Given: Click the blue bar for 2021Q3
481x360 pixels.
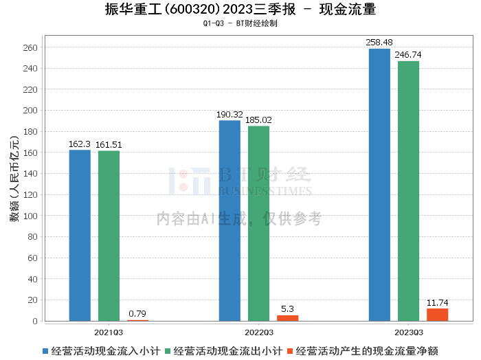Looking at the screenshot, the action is tap(80, 236).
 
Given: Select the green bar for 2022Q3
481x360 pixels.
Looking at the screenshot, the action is tap(258, 223).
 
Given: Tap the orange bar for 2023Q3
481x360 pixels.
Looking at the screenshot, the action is tap(438, 315).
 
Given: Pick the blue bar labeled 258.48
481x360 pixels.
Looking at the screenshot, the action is tap(379, 185).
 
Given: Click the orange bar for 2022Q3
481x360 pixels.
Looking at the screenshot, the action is tap(288, 318).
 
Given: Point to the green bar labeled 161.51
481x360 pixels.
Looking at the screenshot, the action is tap(109, 236).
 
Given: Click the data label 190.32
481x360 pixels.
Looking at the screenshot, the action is tap(230, 115).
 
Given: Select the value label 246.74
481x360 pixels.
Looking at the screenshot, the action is tap(408, 55).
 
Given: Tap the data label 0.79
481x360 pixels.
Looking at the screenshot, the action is tap(137, 314).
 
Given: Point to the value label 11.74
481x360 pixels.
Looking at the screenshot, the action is tap(438, 303).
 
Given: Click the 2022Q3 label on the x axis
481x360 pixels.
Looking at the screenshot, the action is tap(259, 333).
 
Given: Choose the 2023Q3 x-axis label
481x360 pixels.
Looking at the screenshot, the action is tap(409, 333).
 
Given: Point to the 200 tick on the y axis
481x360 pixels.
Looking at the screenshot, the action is tap(30, 111).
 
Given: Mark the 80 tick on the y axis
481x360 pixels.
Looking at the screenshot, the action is tap(32, 237).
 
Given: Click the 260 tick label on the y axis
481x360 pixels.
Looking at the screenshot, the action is tap(30, 48).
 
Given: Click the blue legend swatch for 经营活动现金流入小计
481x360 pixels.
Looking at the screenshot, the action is tap(45, 351).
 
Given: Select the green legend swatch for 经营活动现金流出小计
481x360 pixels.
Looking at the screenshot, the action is tap(168, 351).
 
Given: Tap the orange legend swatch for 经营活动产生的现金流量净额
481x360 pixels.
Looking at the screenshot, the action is tap(290, 351).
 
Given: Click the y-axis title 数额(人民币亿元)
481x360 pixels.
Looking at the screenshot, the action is tap(14, 179).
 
